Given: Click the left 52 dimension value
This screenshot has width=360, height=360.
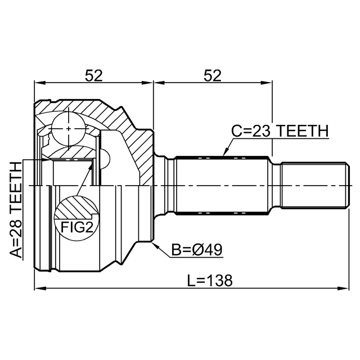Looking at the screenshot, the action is tap(94, 75).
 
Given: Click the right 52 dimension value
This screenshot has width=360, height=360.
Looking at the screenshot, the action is tap(213, 75).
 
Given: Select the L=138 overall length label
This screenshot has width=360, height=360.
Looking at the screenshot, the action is tap(210, 280).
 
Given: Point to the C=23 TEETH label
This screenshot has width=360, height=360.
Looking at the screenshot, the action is tap(280, 131).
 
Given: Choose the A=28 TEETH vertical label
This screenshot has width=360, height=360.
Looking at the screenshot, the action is tap(16, 210).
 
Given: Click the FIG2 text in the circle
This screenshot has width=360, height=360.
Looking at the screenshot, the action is tap(77, 227).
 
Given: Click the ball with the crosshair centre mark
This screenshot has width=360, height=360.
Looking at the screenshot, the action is tap(69, 129).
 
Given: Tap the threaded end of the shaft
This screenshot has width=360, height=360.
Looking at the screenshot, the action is tap(314, 185).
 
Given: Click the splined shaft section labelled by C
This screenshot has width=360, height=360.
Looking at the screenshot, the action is tap(222, 185).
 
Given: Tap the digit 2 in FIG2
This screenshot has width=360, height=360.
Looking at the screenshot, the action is tap(89, 227).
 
